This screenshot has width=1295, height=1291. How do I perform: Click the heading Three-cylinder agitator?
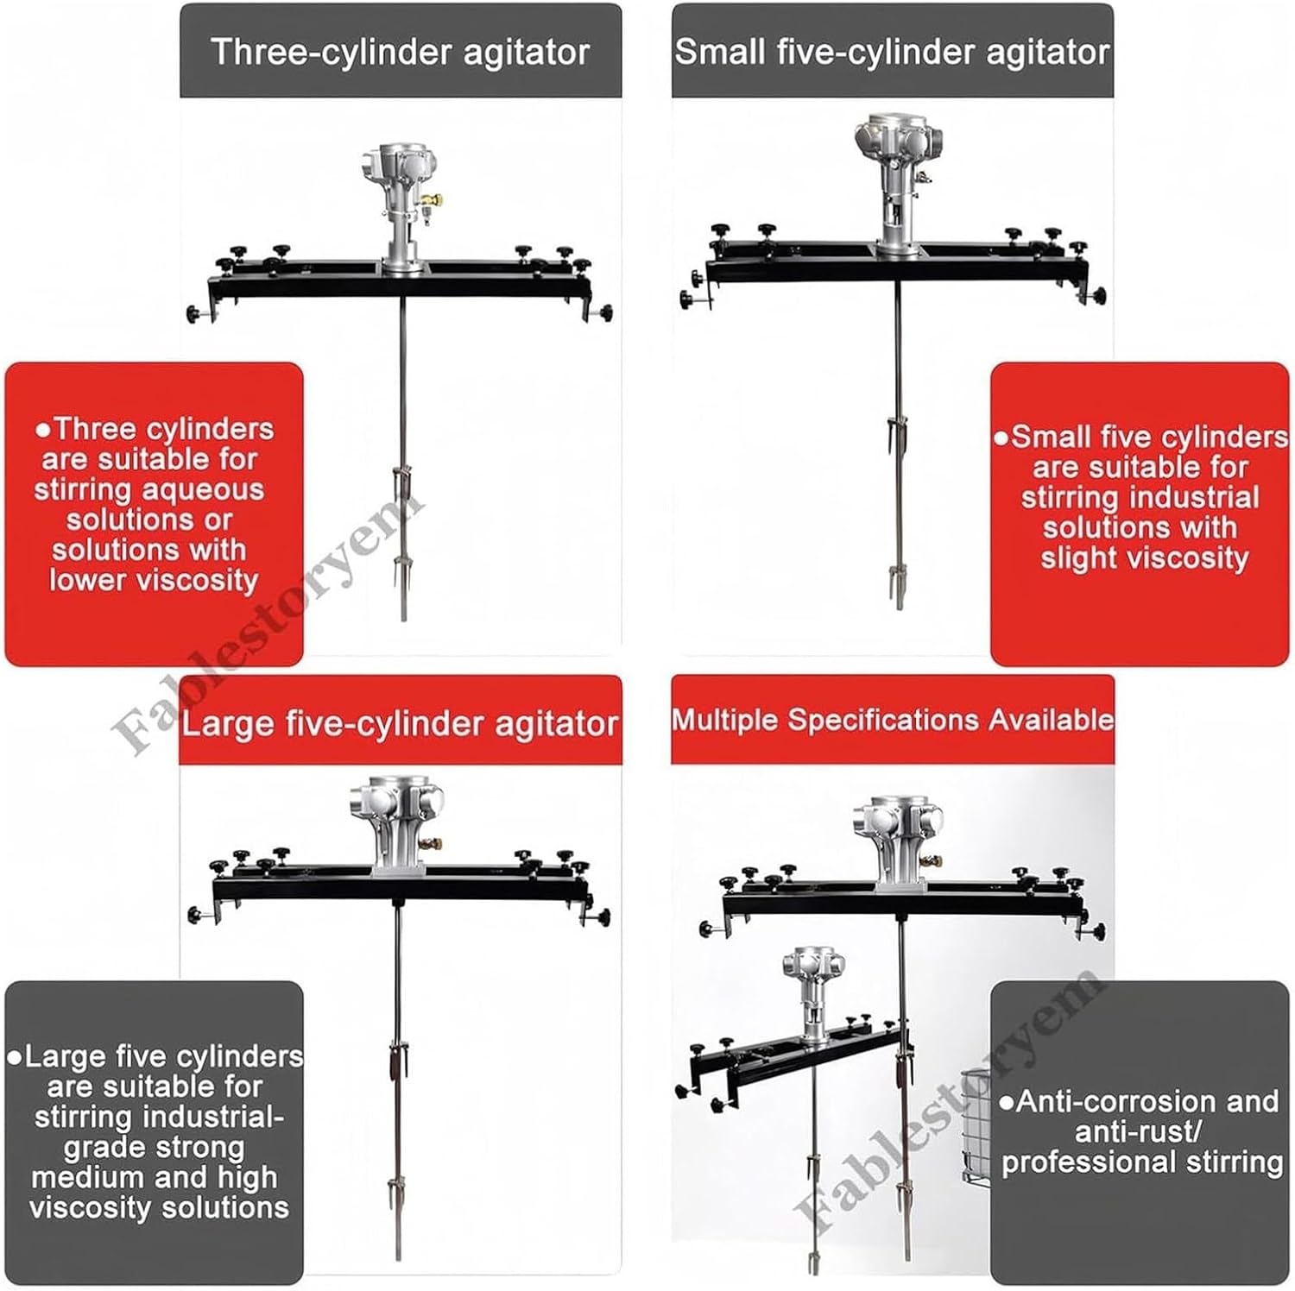click(x=400, y=52)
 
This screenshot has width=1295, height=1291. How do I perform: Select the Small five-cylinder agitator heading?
click(x=892, y=52)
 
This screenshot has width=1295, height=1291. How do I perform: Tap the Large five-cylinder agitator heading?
click(x=400, y=723)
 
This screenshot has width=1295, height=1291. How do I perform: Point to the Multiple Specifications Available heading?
click(x=893, y=720)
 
